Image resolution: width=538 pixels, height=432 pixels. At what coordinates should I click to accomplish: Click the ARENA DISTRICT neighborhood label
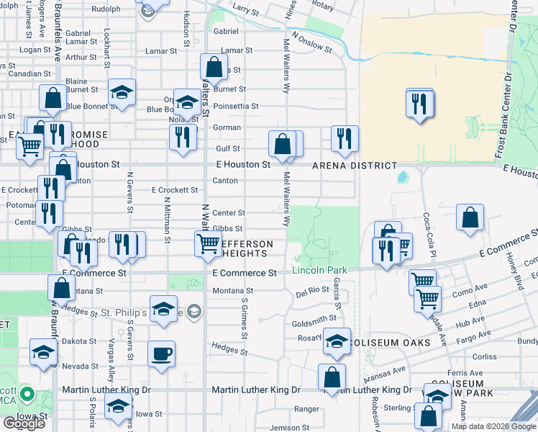pyautogui.click(x=354, y=166)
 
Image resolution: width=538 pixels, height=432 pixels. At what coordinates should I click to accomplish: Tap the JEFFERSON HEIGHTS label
pyautogui.click(x=242, y=249)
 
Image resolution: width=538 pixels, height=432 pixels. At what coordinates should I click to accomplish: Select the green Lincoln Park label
pyautogui.click(x=319, y=271)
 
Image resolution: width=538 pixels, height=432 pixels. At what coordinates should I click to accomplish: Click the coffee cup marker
pyautogui.click(x=161, y=354)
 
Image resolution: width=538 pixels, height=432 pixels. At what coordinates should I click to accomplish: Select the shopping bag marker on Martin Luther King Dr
pyautogui.click(x=332, y=377)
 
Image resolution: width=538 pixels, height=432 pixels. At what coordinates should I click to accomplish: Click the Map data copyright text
pyautogui.click(x=493, y=426)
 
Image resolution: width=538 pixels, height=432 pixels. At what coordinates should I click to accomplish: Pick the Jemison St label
pyautogui.click(x=289, y=428)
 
